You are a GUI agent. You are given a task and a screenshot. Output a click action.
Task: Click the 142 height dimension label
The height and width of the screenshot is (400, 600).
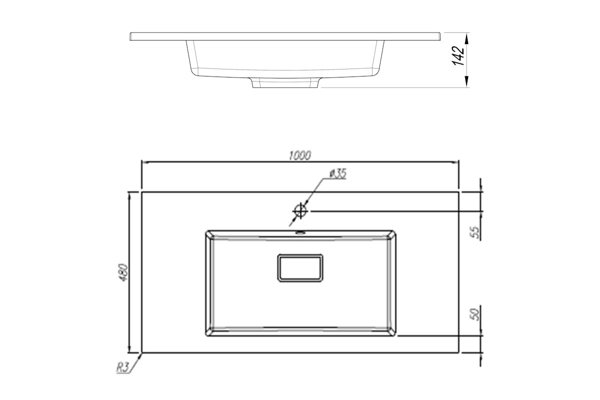[x=458, y=56]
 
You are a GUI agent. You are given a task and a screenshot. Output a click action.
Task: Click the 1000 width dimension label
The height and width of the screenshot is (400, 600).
[x=300, y=155]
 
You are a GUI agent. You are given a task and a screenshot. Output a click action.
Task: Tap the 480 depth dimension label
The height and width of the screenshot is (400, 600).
[x=123, y=272]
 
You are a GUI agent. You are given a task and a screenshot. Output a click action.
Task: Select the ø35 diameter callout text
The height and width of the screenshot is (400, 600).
[x=338, y=173]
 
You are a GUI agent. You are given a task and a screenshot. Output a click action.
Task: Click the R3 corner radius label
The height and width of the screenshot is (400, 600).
[x=123, y=368]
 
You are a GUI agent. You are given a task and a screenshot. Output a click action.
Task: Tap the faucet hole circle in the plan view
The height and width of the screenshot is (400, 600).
[x=300, y=211]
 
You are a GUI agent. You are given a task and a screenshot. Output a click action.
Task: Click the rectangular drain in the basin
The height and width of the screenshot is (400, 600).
[x=300, y=268]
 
